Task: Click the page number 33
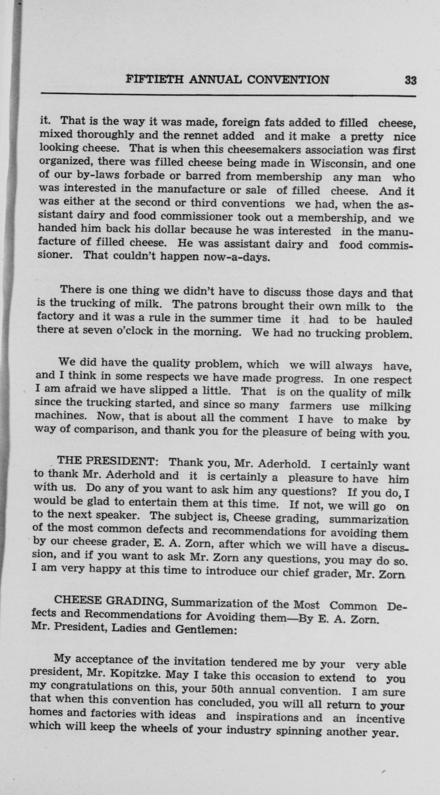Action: [410, 80]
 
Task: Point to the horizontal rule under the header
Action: [228, 95]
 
